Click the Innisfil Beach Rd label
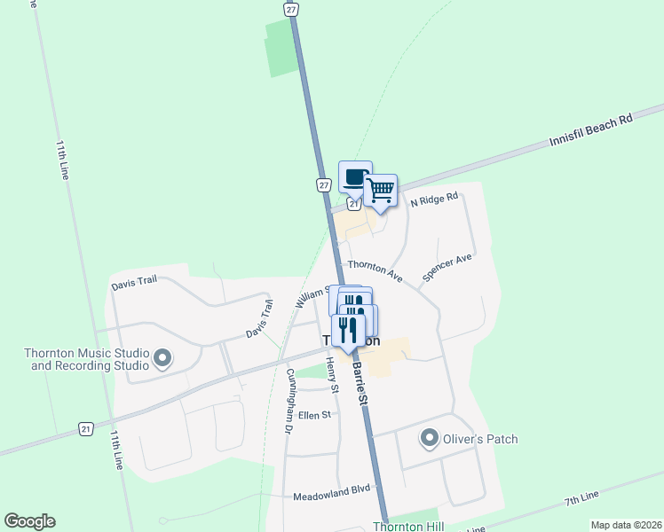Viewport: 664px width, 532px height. pos(590,130)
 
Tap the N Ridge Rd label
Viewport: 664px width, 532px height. pos(433,200)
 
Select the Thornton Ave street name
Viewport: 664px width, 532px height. pos(375,270)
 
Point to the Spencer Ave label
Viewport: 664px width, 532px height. pos(447,267)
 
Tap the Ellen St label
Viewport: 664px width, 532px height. pos(314,414)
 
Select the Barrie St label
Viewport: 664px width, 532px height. pos(361,381)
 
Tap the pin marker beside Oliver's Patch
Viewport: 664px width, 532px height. pos(430,439)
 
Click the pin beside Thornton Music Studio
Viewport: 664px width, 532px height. pos(162,358)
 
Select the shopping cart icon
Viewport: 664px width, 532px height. pos(380,190)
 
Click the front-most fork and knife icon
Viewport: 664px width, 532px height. pos(348,331)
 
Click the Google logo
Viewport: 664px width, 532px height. pos(29,521)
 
